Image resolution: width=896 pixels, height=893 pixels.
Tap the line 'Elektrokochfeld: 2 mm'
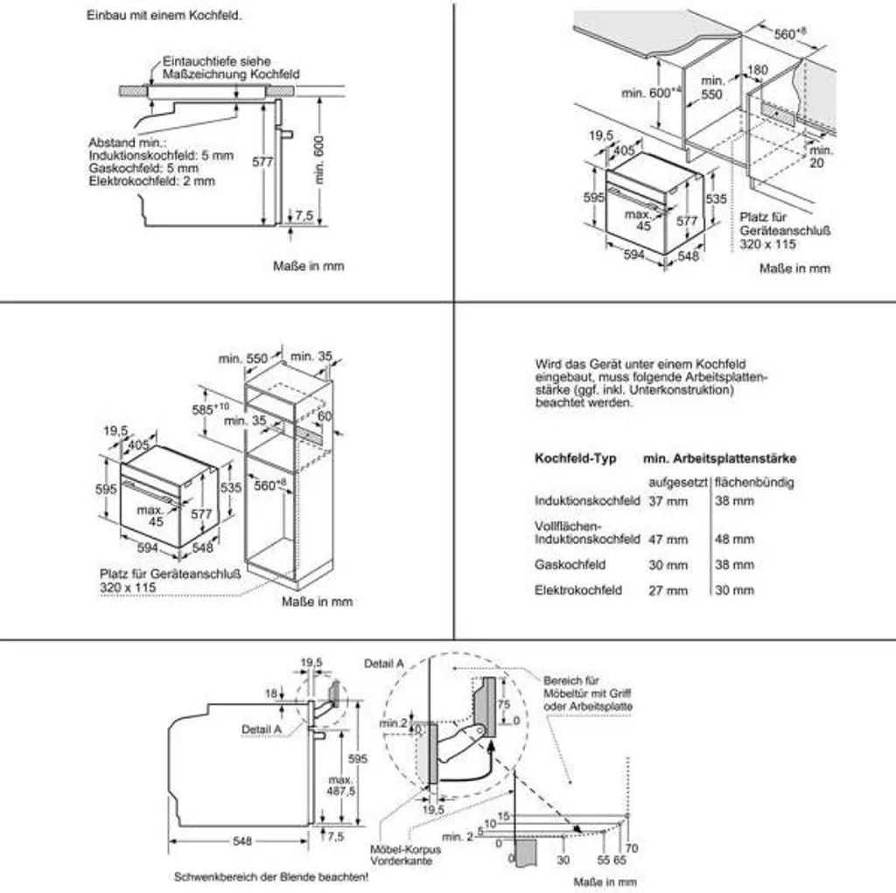(x=151, y=181)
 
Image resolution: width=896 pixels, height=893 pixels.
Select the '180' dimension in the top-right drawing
(x=757, y=70)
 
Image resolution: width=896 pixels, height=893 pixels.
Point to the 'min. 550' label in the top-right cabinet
(x=712, y=87)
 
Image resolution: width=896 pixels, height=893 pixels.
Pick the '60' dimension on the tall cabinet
(x=325, y=416)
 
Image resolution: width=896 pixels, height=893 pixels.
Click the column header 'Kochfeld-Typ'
(x=575, y=458)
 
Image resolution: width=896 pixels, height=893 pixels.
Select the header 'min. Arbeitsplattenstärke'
(x=719, y=458)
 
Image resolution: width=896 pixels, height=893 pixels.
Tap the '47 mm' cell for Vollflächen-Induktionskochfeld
(x=668, y=540)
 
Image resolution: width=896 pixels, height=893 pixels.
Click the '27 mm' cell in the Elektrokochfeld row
(x=668, y=590)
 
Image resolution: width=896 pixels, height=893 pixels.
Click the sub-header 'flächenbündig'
(x=754, y=483)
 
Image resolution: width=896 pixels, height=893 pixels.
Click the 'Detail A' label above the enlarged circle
(x=383, y=664)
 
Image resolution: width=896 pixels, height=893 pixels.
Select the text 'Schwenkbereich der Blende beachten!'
(x=271, y=876)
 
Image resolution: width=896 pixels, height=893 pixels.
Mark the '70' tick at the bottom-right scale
(x=633, y=848)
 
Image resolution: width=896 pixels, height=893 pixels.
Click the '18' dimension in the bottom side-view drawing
(x=272, y=692)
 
